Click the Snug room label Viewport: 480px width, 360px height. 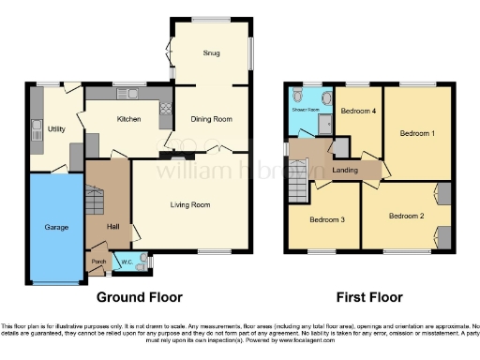(211, 53)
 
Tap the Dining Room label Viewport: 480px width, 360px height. (211, 119)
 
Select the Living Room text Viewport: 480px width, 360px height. (189, 204)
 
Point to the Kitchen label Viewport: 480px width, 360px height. (128, 119)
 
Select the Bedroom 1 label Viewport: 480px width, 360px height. (417, 133)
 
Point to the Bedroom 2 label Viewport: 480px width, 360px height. (408, 217)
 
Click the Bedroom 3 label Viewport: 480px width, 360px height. (327, 220)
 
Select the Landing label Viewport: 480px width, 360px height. (344, 170)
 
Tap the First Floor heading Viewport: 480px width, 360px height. (368, 297)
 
